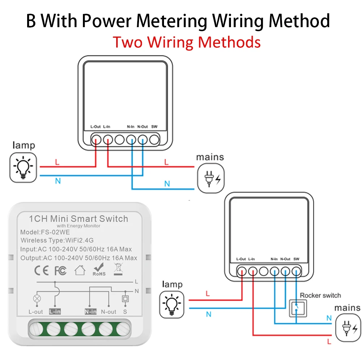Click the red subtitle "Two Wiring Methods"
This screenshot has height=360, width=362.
(186, 42)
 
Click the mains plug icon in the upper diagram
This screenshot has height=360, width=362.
(210, 178)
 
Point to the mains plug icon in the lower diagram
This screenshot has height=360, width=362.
(348, 328)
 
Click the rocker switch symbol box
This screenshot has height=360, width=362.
(296, 308)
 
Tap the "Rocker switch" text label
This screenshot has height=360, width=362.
(320, 295)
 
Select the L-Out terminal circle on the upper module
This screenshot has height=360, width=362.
(96, 139)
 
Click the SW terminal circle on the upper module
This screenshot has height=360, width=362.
(155, 139)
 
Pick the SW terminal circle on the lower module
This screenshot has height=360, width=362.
(296, 271)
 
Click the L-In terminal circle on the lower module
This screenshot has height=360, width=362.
(253, 271)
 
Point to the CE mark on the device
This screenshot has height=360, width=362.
(41, 270)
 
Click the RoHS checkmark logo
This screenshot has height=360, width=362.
(99, 270)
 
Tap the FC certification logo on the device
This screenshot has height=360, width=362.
(60, 270)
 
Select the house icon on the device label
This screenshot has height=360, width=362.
(80, 270)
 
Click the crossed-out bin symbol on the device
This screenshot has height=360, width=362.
(118, 269)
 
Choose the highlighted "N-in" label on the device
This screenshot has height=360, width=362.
(90, 312)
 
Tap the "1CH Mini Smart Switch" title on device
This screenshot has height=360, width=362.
(78, 219)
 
